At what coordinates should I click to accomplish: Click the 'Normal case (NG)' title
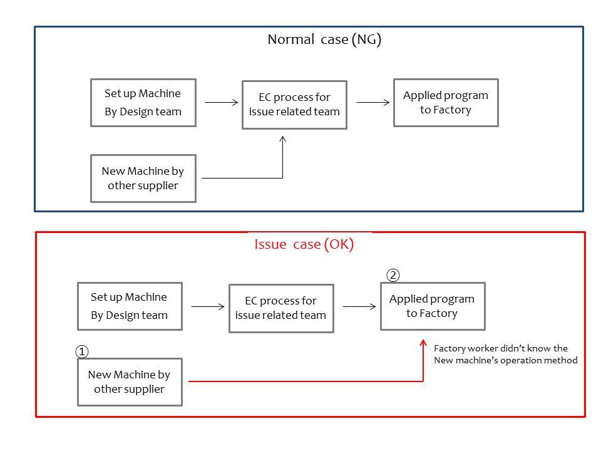(324, 39)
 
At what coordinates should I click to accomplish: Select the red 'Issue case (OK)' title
(304, 244)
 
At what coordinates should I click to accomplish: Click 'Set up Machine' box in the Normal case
(143, 103)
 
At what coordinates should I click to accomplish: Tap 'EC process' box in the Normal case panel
(294, 105)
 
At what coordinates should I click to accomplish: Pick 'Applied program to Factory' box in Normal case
(445, 103)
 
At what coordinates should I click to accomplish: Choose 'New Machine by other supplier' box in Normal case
(143, 179)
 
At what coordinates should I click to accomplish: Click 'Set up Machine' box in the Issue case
(130, 306)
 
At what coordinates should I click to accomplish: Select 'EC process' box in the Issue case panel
(280, 308)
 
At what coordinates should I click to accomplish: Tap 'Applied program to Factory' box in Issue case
(432, 306)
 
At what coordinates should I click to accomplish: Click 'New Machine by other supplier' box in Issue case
(130, 382)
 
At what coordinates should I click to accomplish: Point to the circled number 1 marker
(82, 352)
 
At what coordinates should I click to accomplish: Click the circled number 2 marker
(393, 275)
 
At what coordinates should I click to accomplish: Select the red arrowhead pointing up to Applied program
(423, 345)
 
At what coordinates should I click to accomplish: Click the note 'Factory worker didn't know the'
(501, 348)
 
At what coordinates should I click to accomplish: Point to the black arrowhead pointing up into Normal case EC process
(282, 139)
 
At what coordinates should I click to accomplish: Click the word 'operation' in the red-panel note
(522, 360)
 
